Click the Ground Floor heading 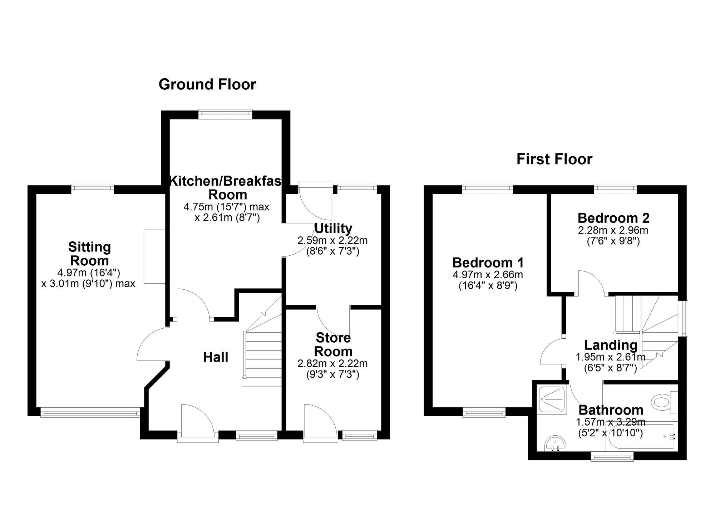point(207,85)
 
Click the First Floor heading point(554,159)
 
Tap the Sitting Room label point(89,254)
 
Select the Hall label point(216,357)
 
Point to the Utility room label point(333,228)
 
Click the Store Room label point(333,344)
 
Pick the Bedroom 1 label point(488,263)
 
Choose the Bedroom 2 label point(613,218)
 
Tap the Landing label point(611,345)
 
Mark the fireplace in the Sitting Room point(154,256)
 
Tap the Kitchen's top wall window point(225,114)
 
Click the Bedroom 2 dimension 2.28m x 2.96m point(613,230)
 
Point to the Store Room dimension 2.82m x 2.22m point(332,364)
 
